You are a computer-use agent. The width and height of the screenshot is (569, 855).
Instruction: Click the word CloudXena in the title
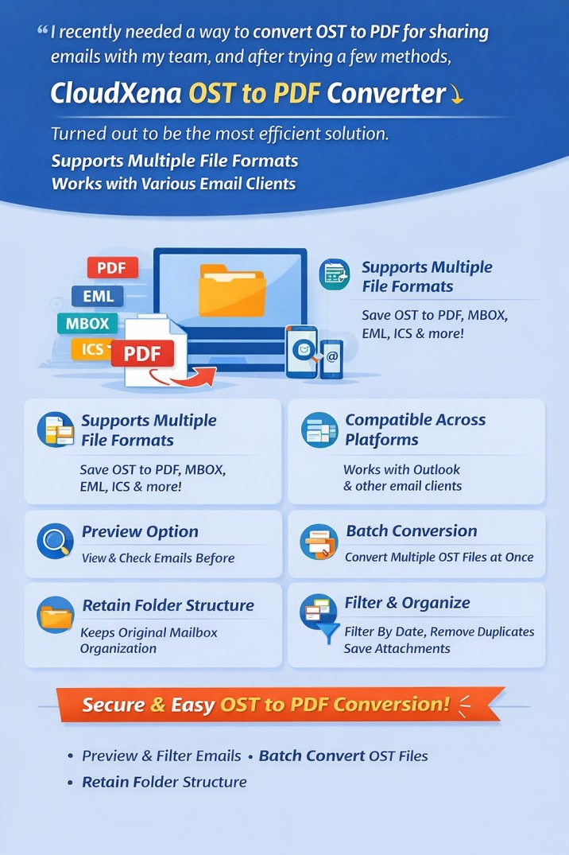[115, 93]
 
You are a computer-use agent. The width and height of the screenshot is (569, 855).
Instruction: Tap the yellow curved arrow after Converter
[456, 95]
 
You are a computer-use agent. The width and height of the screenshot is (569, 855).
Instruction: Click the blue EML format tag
[98, 296]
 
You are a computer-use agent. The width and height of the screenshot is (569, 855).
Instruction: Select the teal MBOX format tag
[87, 324]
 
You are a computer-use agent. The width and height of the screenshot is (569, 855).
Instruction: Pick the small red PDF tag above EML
[112, 268]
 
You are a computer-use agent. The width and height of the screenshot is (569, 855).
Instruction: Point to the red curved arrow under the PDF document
[183, 377]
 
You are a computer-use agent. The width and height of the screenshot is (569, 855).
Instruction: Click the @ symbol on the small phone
[332, 357]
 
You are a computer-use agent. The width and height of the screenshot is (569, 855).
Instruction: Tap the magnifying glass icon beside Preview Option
[56, 541]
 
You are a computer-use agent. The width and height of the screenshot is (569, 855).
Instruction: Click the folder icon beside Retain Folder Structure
[56, 615]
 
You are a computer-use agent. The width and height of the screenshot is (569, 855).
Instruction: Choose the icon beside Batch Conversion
[319, 542]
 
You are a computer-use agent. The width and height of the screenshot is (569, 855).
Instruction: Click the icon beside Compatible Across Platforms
[319, 430]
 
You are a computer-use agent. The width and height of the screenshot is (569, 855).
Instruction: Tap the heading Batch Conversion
[412, 531]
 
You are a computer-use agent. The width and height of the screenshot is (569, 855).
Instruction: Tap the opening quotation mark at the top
[42, 30]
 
